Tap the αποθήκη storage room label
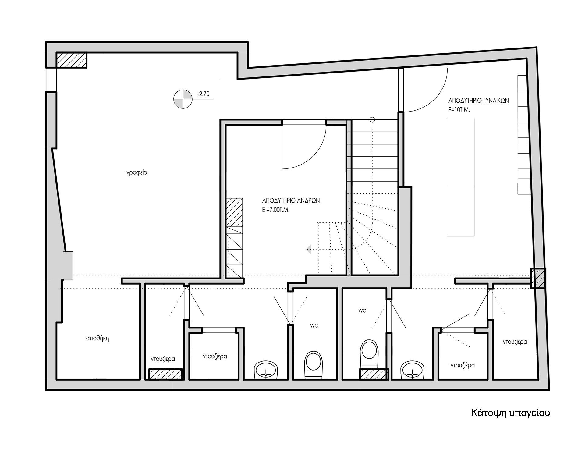(x=97, y=338)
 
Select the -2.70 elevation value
(x=203, y=94)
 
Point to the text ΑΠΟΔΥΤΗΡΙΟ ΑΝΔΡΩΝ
(x=291, y=201)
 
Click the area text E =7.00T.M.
(x=276, y=210)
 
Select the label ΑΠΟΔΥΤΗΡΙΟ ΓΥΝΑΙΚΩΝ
(x=479, y=101)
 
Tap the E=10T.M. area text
(x=459, y=110)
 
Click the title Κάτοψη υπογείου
(x=510, y=413)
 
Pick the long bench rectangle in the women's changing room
(x=460, y=178)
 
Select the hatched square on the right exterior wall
(x=538, y=278)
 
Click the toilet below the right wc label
(x=369, y=354)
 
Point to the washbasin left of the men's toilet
(x=266, y=370)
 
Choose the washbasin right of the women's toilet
(x=412, y=370)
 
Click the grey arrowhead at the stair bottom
(x=308, y=249)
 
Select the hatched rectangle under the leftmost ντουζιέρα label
(x=165, y=374)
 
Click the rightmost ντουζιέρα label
(x=515, y=342)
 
